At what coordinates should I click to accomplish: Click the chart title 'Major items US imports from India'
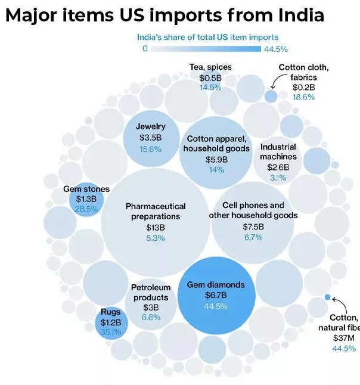(x=165, y=15)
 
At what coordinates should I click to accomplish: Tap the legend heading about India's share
(x=207, y=37)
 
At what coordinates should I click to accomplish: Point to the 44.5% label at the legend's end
(x=275, y=49)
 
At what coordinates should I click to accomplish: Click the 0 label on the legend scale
(x=145, y=49)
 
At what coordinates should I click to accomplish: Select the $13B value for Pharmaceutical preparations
(x=154, y=228)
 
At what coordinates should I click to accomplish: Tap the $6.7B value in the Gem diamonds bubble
(x=216, y=296)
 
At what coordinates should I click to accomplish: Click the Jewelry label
(x=150, y=126)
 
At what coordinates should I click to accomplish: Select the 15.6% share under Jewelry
(x=150, y=149)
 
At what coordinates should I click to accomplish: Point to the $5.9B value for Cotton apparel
(x=216, y=159)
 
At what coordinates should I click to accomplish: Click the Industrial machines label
(x=278, y=152)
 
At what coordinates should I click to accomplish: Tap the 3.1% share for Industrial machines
(x=278, y=178)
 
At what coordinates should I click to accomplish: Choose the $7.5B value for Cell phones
(x=253, y=226)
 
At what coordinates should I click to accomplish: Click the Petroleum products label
(x=151, y=293)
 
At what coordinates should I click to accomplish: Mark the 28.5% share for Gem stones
(x=86, y=209)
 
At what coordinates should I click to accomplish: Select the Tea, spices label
(x=210, y=67)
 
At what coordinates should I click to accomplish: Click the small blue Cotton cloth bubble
(x=271, y=95)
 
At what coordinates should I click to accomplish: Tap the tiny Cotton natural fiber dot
(x=327, y=297)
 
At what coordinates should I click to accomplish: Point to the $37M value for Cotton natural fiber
(x=345, y=338)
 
